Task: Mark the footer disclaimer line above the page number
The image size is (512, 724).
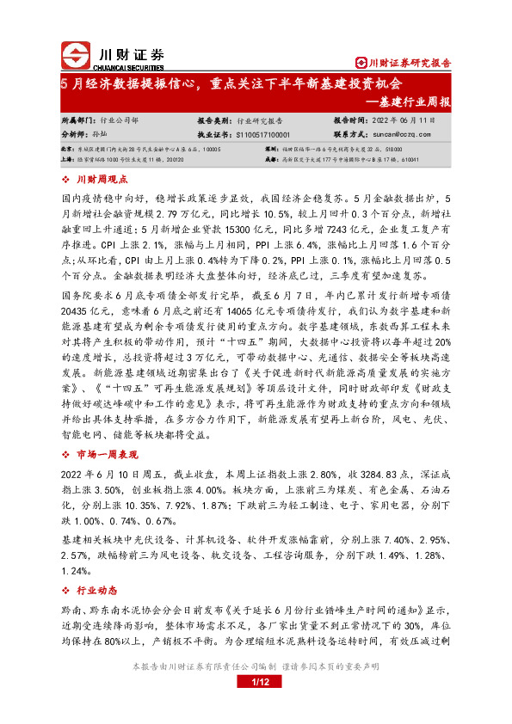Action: pyautogui.click(x=256, y=666)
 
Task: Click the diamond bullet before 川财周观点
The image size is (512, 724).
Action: pyautogui.click(x=67, y=179)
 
